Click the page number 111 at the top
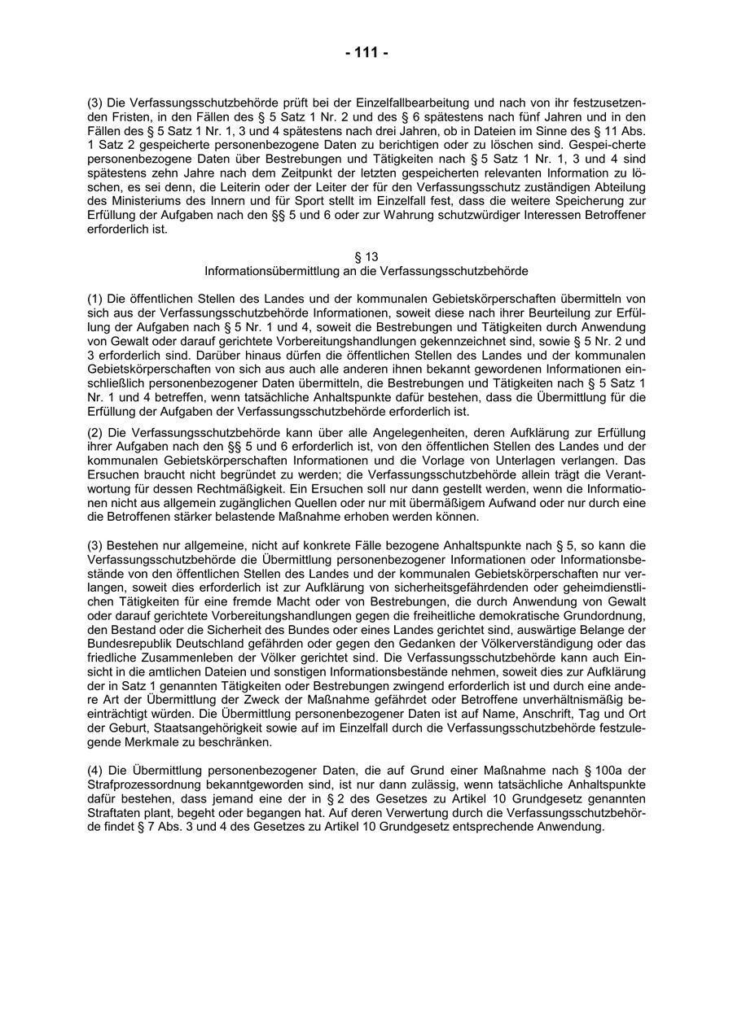366,53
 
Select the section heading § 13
366,256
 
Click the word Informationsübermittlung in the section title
273,269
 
